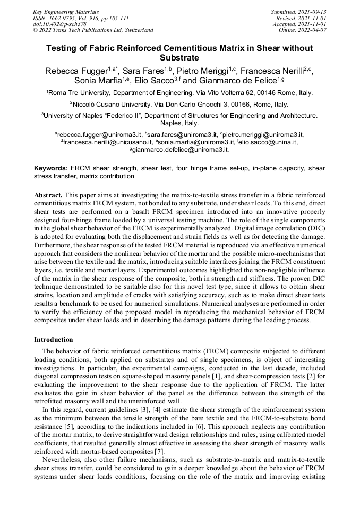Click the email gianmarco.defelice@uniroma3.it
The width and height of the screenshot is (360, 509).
click(181, 150)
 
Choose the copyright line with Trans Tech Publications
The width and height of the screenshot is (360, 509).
click(93, 30)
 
